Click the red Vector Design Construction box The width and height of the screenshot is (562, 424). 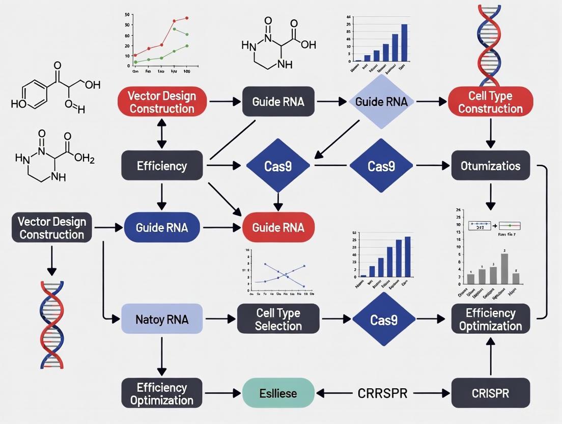(161, 101)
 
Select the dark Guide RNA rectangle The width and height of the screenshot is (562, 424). (278, 101)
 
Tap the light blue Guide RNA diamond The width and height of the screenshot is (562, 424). (381, 101)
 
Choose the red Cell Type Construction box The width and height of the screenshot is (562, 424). (490, 101)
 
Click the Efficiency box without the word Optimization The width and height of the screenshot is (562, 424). (162, 166)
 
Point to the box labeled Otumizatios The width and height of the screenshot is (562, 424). (490, 166)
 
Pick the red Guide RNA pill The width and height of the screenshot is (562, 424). (278, 227)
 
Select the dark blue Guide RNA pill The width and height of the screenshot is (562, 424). (161, 227)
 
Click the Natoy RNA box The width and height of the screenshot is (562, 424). (162, 320)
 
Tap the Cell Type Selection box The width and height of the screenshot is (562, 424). (278, 320)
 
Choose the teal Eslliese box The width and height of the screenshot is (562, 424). (278, 393)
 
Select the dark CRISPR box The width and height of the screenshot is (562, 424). (490, 393)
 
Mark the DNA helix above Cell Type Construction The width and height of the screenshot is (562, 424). (490, 43)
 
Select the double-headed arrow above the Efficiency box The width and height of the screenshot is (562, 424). (161, 134)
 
